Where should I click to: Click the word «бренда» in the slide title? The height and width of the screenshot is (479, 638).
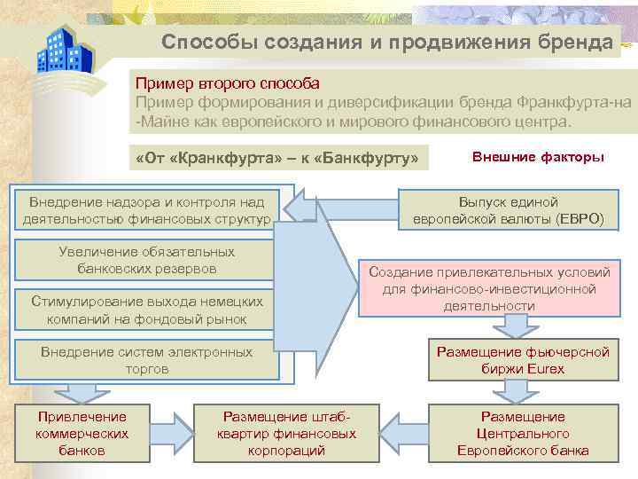tap(574, 42)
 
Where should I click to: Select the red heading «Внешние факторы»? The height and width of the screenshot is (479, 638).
tap(538, 157)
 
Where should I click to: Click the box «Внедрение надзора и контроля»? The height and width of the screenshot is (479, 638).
tap(147, 209)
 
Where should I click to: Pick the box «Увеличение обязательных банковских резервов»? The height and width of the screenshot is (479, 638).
tap(147, 261)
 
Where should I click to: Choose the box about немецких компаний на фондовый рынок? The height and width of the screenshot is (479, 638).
tap(147, 310)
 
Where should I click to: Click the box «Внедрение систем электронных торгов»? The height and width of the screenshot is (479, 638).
tap(147, 360)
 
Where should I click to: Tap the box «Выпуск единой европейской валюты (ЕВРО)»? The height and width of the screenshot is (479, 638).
tap(508, 210)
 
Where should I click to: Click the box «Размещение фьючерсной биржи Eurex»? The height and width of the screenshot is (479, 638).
tap(522, 360)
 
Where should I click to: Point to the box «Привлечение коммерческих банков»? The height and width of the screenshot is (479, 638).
tap(82, 433)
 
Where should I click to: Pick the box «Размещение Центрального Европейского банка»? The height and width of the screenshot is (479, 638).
tap(522, 433)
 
